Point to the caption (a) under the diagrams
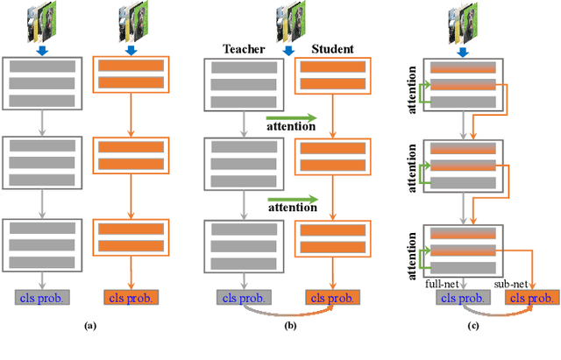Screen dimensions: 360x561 (89, 325)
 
